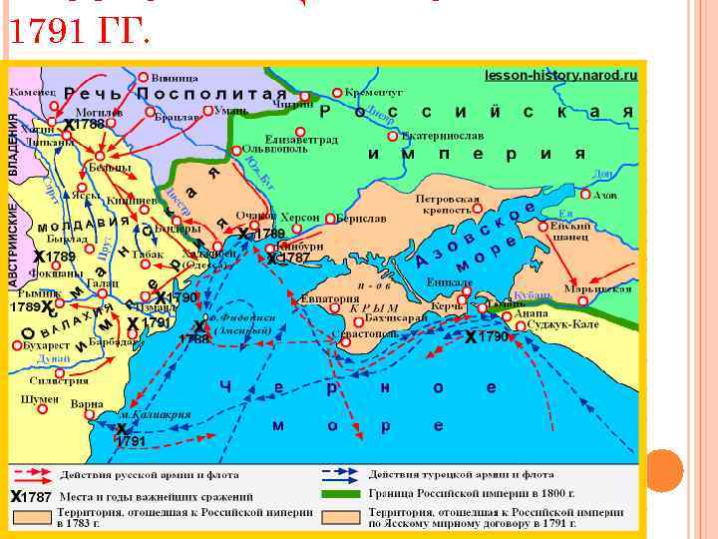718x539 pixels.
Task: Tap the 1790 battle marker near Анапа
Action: pos(489,338)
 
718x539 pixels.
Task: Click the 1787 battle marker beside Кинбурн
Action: pos(289,258)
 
